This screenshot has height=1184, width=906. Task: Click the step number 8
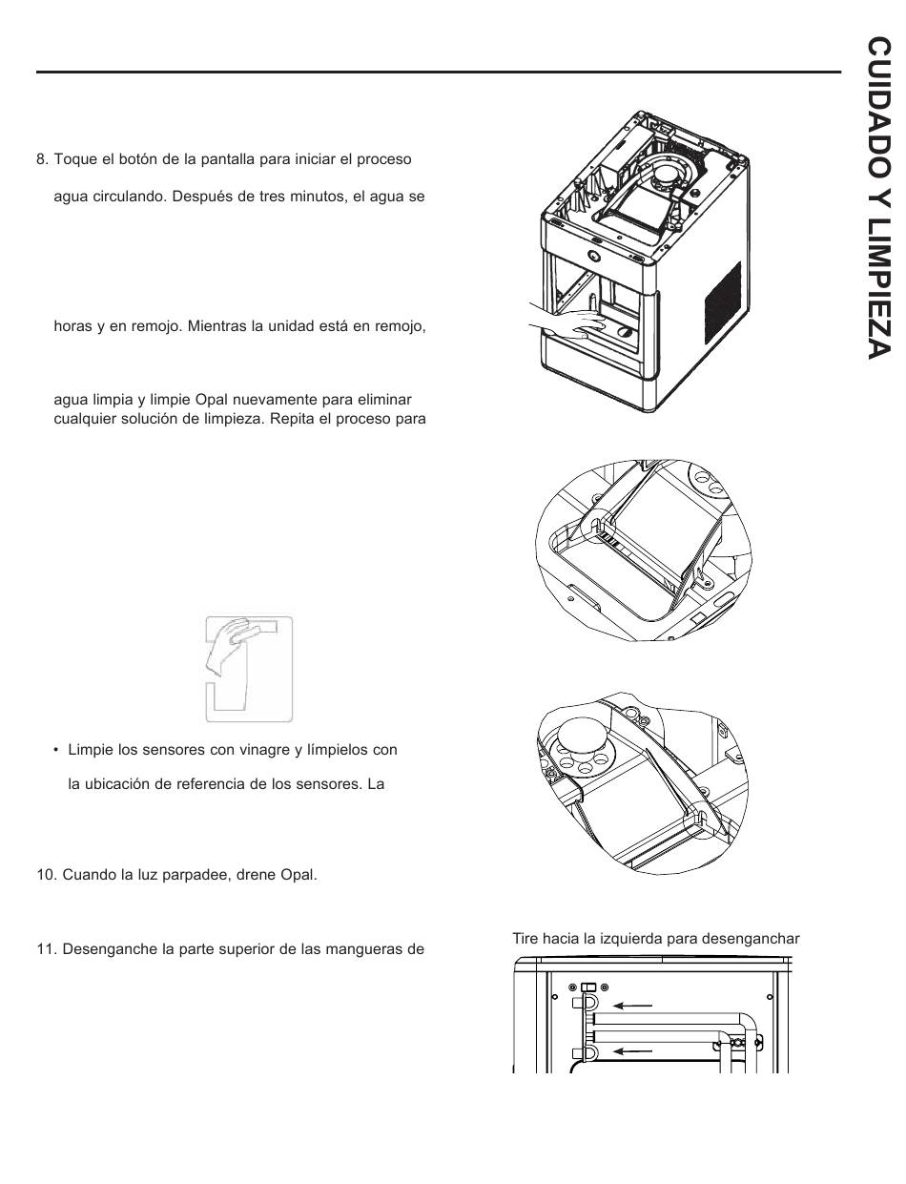(x=40, y=158)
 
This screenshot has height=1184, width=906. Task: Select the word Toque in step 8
(x=73, y=158)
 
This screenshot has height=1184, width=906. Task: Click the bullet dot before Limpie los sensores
(x=56, y=750)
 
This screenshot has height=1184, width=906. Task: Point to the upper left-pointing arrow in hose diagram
(x=633, y=1004)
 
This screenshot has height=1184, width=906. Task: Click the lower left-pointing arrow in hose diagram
(x=633, y=1051)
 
